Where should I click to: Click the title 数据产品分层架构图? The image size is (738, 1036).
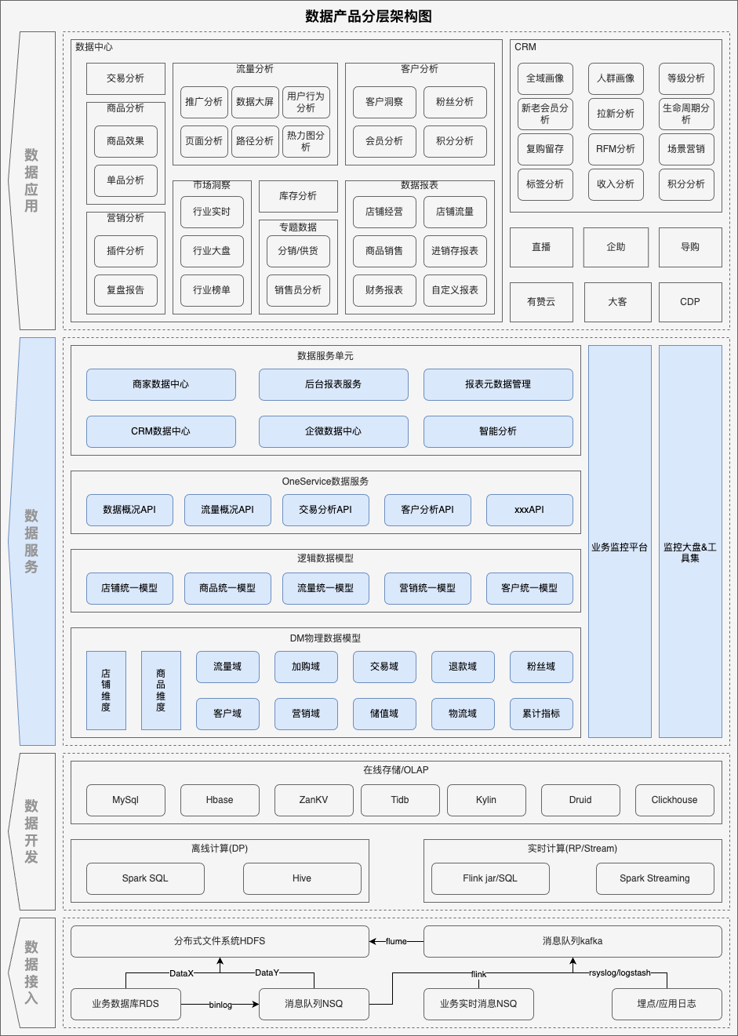point(369,16)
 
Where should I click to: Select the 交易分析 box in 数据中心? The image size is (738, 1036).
point(125,78)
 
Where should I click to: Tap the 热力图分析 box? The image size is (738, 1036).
point(306,141)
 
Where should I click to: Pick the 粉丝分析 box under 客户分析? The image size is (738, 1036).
point(455,102)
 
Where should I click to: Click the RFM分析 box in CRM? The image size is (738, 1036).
point(616,149)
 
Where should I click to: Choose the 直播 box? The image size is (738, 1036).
point(541,247)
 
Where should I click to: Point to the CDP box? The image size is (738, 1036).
point(690,302)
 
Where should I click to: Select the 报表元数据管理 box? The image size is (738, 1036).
point(498,384)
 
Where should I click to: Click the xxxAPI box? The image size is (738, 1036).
point(529,510)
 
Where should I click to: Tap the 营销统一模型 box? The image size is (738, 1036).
point(427,588)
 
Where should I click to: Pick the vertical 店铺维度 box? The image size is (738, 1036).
point(106,690)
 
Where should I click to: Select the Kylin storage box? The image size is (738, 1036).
point(486,800)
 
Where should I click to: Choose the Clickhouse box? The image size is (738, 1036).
point(674,800)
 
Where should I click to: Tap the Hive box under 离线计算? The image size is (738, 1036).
point(302,878)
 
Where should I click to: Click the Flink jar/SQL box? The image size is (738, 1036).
point(490,878)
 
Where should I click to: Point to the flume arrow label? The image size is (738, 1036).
point(396,941)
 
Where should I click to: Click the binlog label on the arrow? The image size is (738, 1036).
point(220,1005)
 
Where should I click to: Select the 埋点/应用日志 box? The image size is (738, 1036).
point(667,1004)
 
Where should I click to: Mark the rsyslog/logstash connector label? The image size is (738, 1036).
point(620,972)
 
